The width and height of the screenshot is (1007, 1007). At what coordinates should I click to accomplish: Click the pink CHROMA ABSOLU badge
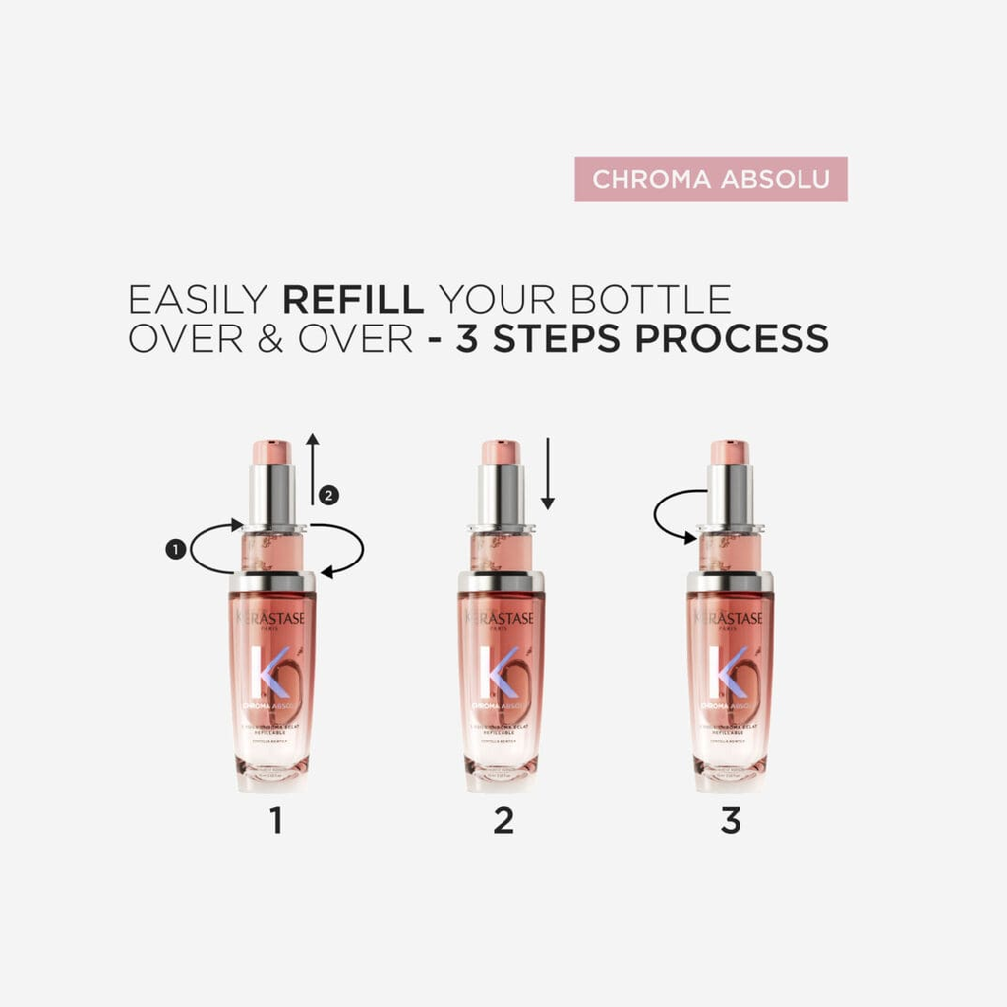[710, 179]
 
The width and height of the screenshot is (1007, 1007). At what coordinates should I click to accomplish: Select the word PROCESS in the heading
[731, 338]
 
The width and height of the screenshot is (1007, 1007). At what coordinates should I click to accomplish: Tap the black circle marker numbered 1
[176, 550]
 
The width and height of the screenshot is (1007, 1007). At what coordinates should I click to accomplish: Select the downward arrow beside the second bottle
[548, 474]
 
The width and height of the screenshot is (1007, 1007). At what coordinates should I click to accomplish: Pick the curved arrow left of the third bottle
[677, 515]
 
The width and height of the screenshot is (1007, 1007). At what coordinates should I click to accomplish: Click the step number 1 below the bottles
[275, 820]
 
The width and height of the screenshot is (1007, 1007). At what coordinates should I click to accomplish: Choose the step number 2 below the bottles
[503, 820]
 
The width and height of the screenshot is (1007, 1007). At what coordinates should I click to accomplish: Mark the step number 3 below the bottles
[731, 820]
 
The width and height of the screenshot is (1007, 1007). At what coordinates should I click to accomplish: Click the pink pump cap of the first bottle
[271, 452]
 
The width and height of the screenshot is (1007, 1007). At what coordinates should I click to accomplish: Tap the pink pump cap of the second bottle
[500, 452]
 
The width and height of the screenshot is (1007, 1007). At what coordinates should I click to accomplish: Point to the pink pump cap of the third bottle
[729, 452]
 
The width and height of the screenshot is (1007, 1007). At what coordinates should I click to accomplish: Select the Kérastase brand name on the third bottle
[730, 618]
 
